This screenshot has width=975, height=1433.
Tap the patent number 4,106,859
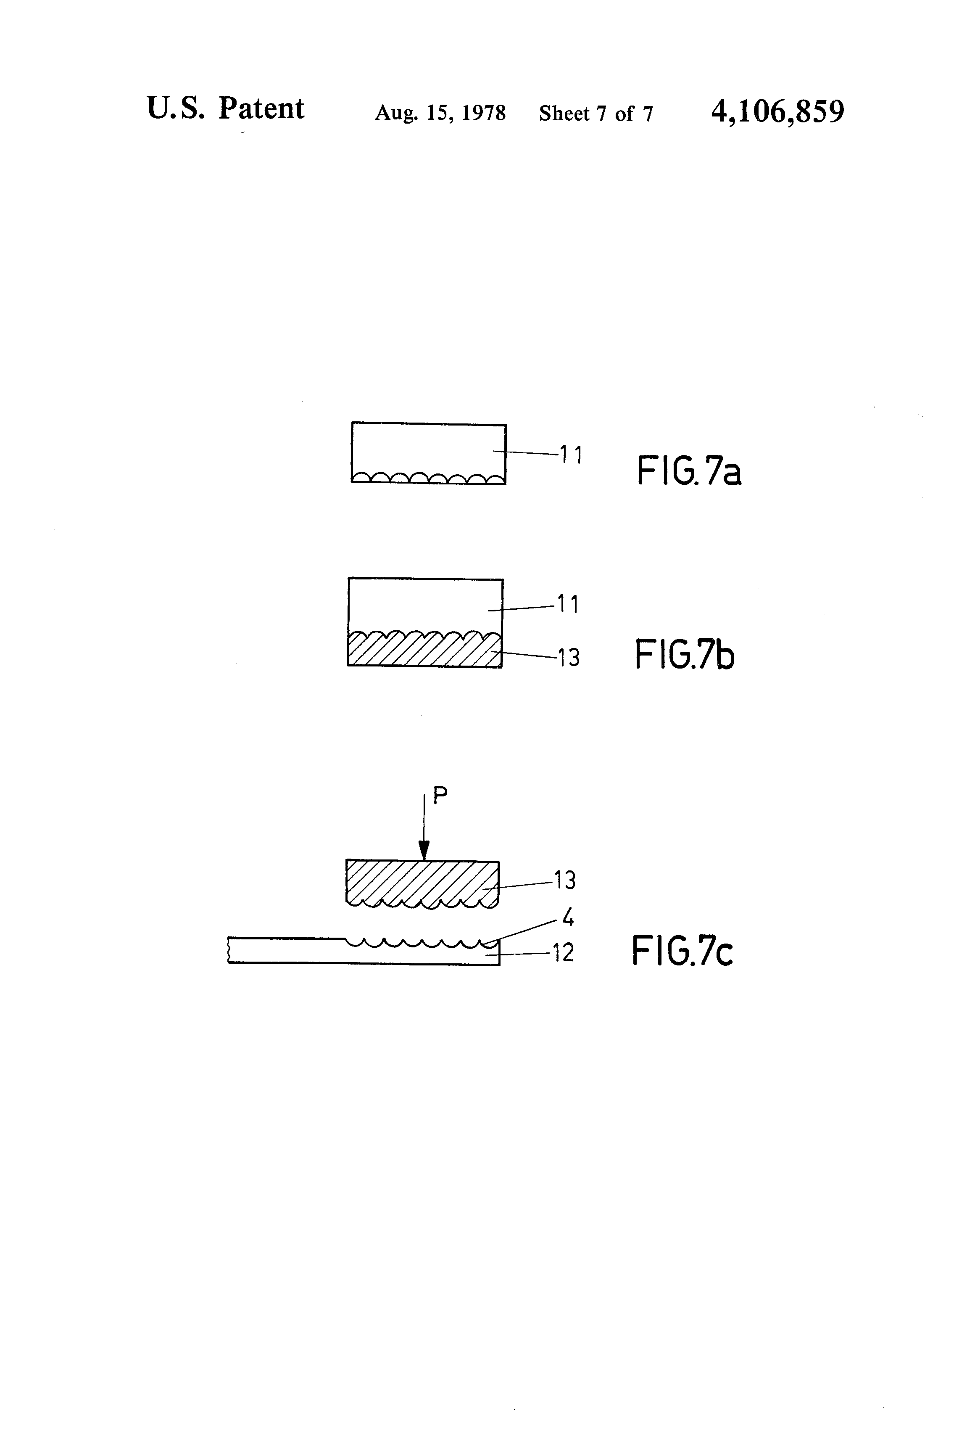(x=777, y=111)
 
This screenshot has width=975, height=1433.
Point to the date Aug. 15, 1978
(x=440, y=113)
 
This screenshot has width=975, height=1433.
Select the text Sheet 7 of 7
(x=596, y=114)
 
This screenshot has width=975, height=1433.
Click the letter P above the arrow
(x=440, y=796)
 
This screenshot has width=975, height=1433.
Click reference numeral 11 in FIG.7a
(x=571, y=455)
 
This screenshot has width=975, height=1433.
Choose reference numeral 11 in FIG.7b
(x=568, y=604)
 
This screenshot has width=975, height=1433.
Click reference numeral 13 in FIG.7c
(x=564, y=880)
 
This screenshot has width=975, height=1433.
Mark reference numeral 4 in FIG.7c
(x=568, y=919)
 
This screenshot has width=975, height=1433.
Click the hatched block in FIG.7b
(x=424, y=652)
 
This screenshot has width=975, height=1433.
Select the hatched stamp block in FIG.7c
(x=422, y=882)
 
